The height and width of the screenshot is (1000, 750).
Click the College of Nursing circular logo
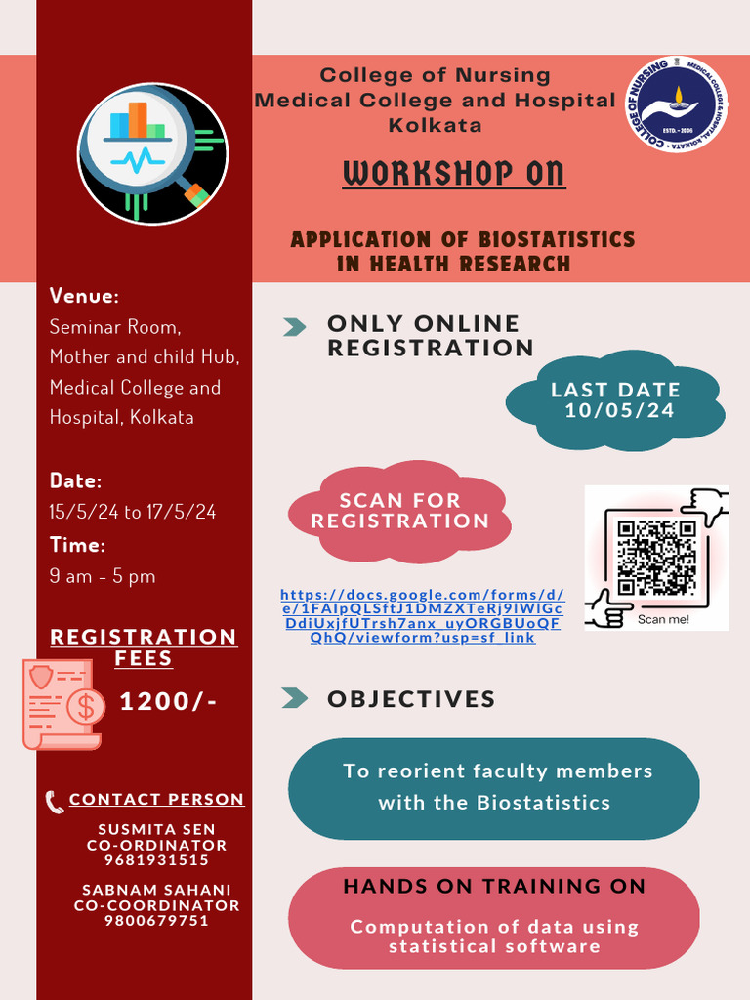tap(676, 104)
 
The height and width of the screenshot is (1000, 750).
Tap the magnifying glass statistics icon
tap(152, 154)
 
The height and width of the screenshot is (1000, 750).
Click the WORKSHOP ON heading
tap(454, 174)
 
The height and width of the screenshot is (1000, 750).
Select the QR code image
tap(656, 558)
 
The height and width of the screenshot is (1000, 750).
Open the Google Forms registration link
tap(422, 615)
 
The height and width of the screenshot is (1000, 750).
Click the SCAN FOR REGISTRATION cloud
tap(399, 512)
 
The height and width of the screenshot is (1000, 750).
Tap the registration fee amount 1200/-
tap(168, 702)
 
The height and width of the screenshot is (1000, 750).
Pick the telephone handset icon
tap(55, 802)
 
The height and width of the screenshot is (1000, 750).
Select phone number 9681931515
tap(156, 860)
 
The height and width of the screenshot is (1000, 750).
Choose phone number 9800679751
tap(156, 920)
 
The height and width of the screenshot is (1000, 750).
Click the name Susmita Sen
tap(156, 830)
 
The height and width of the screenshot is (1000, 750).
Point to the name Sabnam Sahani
tap(156, 890)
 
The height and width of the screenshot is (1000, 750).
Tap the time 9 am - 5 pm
tap(103, 576)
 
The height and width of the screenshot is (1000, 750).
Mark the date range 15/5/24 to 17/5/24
tap(133, 512)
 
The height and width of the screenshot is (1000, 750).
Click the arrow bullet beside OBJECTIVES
tap(294, 698)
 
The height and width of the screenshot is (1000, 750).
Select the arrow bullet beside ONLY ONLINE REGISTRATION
tap(294, 327)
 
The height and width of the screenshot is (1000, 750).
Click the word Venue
tap(84, 296)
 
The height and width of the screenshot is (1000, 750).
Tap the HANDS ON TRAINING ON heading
tap(494, 887)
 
